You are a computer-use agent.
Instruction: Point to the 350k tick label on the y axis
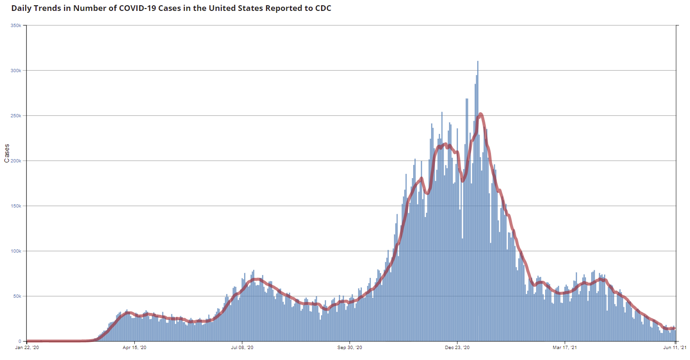point(16,25)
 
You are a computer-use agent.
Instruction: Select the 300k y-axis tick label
point(16,70)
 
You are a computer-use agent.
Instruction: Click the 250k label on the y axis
point(16,115)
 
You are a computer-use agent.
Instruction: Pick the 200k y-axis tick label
point(16,161)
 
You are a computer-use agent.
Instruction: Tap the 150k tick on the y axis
point(16,206)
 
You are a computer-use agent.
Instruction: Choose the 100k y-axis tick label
point(16,251)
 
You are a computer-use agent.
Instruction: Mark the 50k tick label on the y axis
point(17,296)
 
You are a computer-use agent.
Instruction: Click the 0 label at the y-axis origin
point(20,341)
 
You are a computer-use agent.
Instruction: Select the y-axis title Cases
point(7,153)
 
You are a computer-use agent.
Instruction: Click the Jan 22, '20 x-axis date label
point(27,348)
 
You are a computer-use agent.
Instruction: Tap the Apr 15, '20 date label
point(135,348)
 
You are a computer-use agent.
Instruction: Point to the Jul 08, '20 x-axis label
point(242,348)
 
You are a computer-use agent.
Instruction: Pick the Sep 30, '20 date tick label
point(350,348)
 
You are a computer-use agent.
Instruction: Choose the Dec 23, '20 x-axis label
point(457,348)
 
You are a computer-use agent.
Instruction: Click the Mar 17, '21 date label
point(565,348)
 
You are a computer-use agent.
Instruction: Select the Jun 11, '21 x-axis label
point(675,348)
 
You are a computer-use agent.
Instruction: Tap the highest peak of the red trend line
point(481,114)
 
